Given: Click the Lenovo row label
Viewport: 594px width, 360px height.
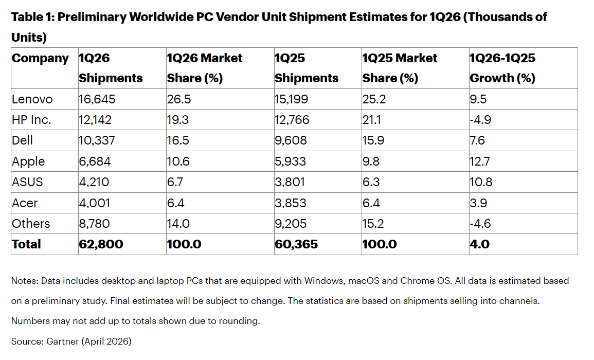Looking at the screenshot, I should pos(32,99).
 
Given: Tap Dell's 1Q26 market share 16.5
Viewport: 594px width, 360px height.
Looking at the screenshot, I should pos(178,140).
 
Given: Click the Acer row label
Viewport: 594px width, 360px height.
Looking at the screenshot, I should pos(25,203).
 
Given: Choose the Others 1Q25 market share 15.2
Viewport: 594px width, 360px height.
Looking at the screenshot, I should pos(373,223).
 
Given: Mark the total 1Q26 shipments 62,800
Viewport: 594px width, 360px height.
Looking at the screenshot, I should pos(101,244).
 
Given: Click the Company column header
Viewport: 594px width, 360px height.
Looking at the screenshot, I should pos(40,58).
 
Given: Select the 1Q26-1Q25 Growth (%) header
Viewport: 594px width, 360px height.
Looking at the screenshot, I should pos(502,68).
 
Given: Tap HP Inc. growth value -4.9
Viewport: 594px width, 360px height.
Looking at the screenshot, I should pos(480,120).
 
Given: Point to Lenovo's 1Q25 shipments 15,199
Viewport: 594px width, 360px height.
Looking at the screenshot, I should pos(292,99).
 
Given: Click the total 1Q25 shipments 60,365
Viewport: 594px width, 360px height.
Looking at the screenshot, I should pos(296,244).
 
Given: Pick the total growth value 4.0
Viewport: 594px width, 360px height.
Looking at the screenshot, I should pos(479,244).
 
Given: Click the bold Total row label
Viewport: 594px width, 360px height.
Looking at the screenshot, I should pos(26,244).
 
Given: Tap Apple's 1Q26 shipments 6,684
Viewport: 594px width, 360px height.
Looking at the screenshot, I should pos(95,161).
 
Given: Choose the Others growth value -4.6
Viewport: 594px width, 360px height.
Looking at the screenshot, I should pos(480,223).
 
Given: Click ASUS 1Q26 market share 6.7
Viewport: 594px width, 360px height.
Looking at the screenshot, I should pos(175,182).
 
